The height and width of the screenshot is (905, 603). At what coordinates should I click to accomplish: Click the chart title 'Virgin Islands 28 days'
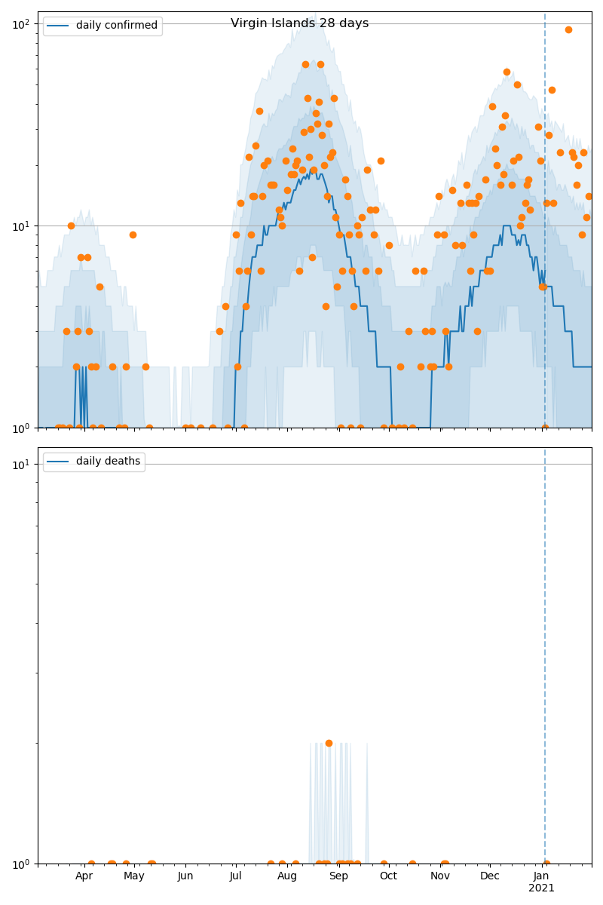pos(299,23)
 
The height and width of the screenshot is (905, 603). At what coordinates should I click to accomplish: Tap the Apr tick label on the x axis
pos(84,876)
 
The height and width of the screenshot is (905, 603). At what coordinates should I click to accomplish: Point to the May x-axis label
pos(134,876)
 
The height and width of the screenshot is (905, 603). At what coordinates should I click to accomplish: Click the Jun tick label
pos(185,876)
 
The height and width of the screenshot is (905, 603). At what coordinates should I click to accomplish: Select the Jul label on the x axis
pos(235,876)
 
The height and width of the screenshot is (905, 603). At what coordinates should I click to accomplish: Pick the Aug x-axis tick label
pos(287,876)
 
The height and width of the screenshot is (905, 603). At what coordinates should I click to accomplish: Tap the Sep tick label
pos(338,876)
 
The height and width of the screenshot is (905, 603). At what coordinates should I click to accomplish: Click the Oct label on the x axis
pos(388,876)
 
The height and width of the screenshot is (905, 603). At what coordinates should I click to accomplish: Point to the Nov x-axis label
pos(440,876)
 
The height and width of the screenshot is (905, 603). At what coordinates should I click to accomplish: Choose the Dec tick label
pos(490,876)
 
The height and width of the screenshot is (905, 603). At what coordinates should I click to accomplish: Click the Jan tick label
pos(541,876)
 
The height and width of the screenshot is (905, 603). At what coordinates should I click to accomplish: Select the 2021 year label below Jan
pos(541,888)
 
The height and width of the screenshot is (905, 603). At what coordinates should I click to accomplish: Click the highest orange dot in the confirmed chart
pos(568,30)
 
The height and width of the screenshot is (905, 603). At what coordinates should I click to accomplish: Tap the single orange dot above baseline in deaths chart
pos(329,743)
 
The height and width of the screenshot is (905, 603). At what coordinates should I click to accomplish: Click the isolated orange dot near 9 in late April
pos(133,235)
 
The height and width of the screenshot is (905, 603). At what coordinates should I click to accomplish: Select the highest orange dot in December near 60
pos(507,72)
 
